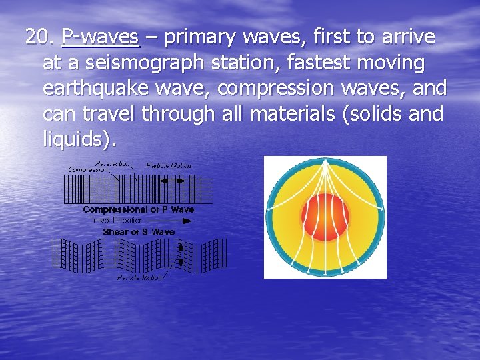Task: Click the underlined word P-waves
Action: (x=100, y=37)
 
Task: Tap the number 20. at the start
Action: (x=41, y=37)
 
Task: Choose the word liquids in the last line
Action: (x=77, y=140)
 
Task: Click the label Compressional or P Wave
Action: (x=138, y=209)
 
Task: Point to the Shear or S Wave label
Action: (x=139, y=231)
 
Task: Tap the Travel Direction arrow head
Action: (x=191, y=220)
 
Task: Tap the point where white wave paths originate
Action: (x=325, y=164)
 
